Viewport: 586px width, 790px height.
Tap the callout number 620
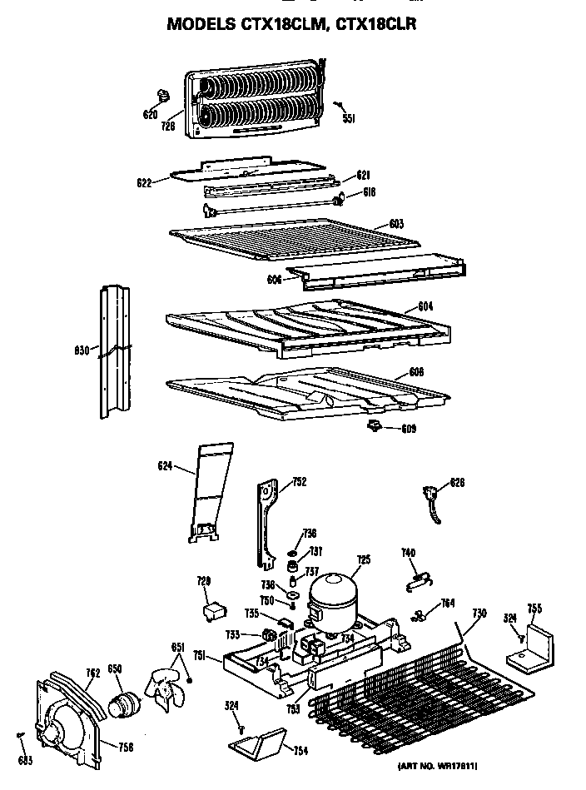click(150, 114)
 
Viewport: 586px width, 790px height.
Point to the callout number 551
click(349, 119)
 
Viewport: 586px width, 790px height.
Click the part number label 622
click(142, 182)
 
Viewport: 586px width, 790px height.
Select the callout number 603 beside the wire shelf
click(396, 224)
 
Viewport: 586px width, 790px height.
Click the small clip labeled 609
click(374, 427)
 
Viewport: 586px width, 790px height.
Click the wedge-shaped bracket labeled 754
click(259, 740)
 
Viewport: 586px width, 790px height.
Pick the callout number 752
click(299, 481)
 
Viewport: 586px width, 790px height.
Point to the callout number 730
click(478, 614)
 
